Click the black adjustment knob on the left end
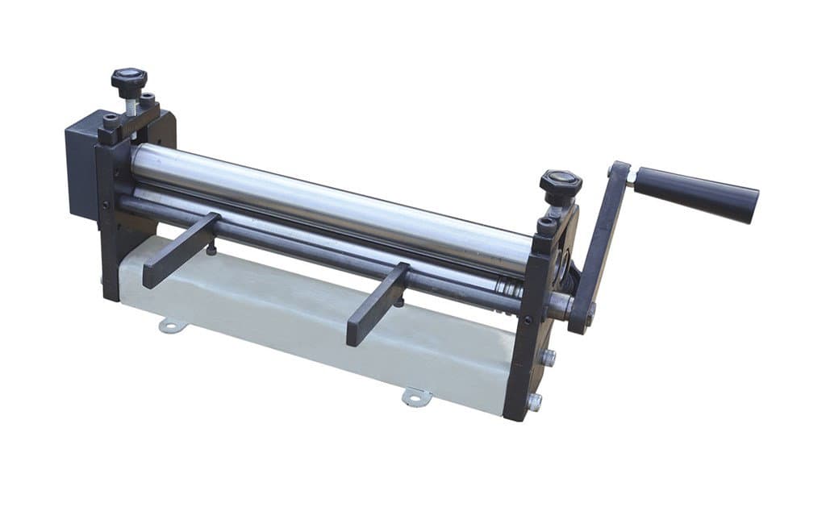click(129, 81)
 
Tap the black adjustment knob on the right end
click(561, 184)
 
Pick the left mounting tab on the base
click(172, 325)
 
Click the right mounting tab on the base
click(417, 397)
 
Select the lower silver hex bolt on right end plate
click(534, 401)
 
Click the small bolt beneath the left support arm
click(211, 250)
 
